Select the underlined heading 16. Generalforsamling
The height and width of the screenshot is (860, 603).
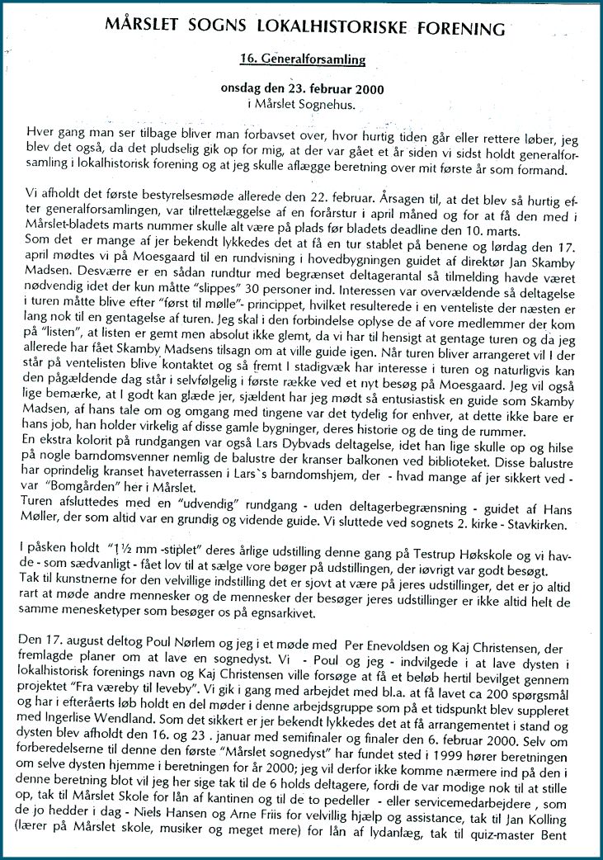(x=302, y=60)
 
